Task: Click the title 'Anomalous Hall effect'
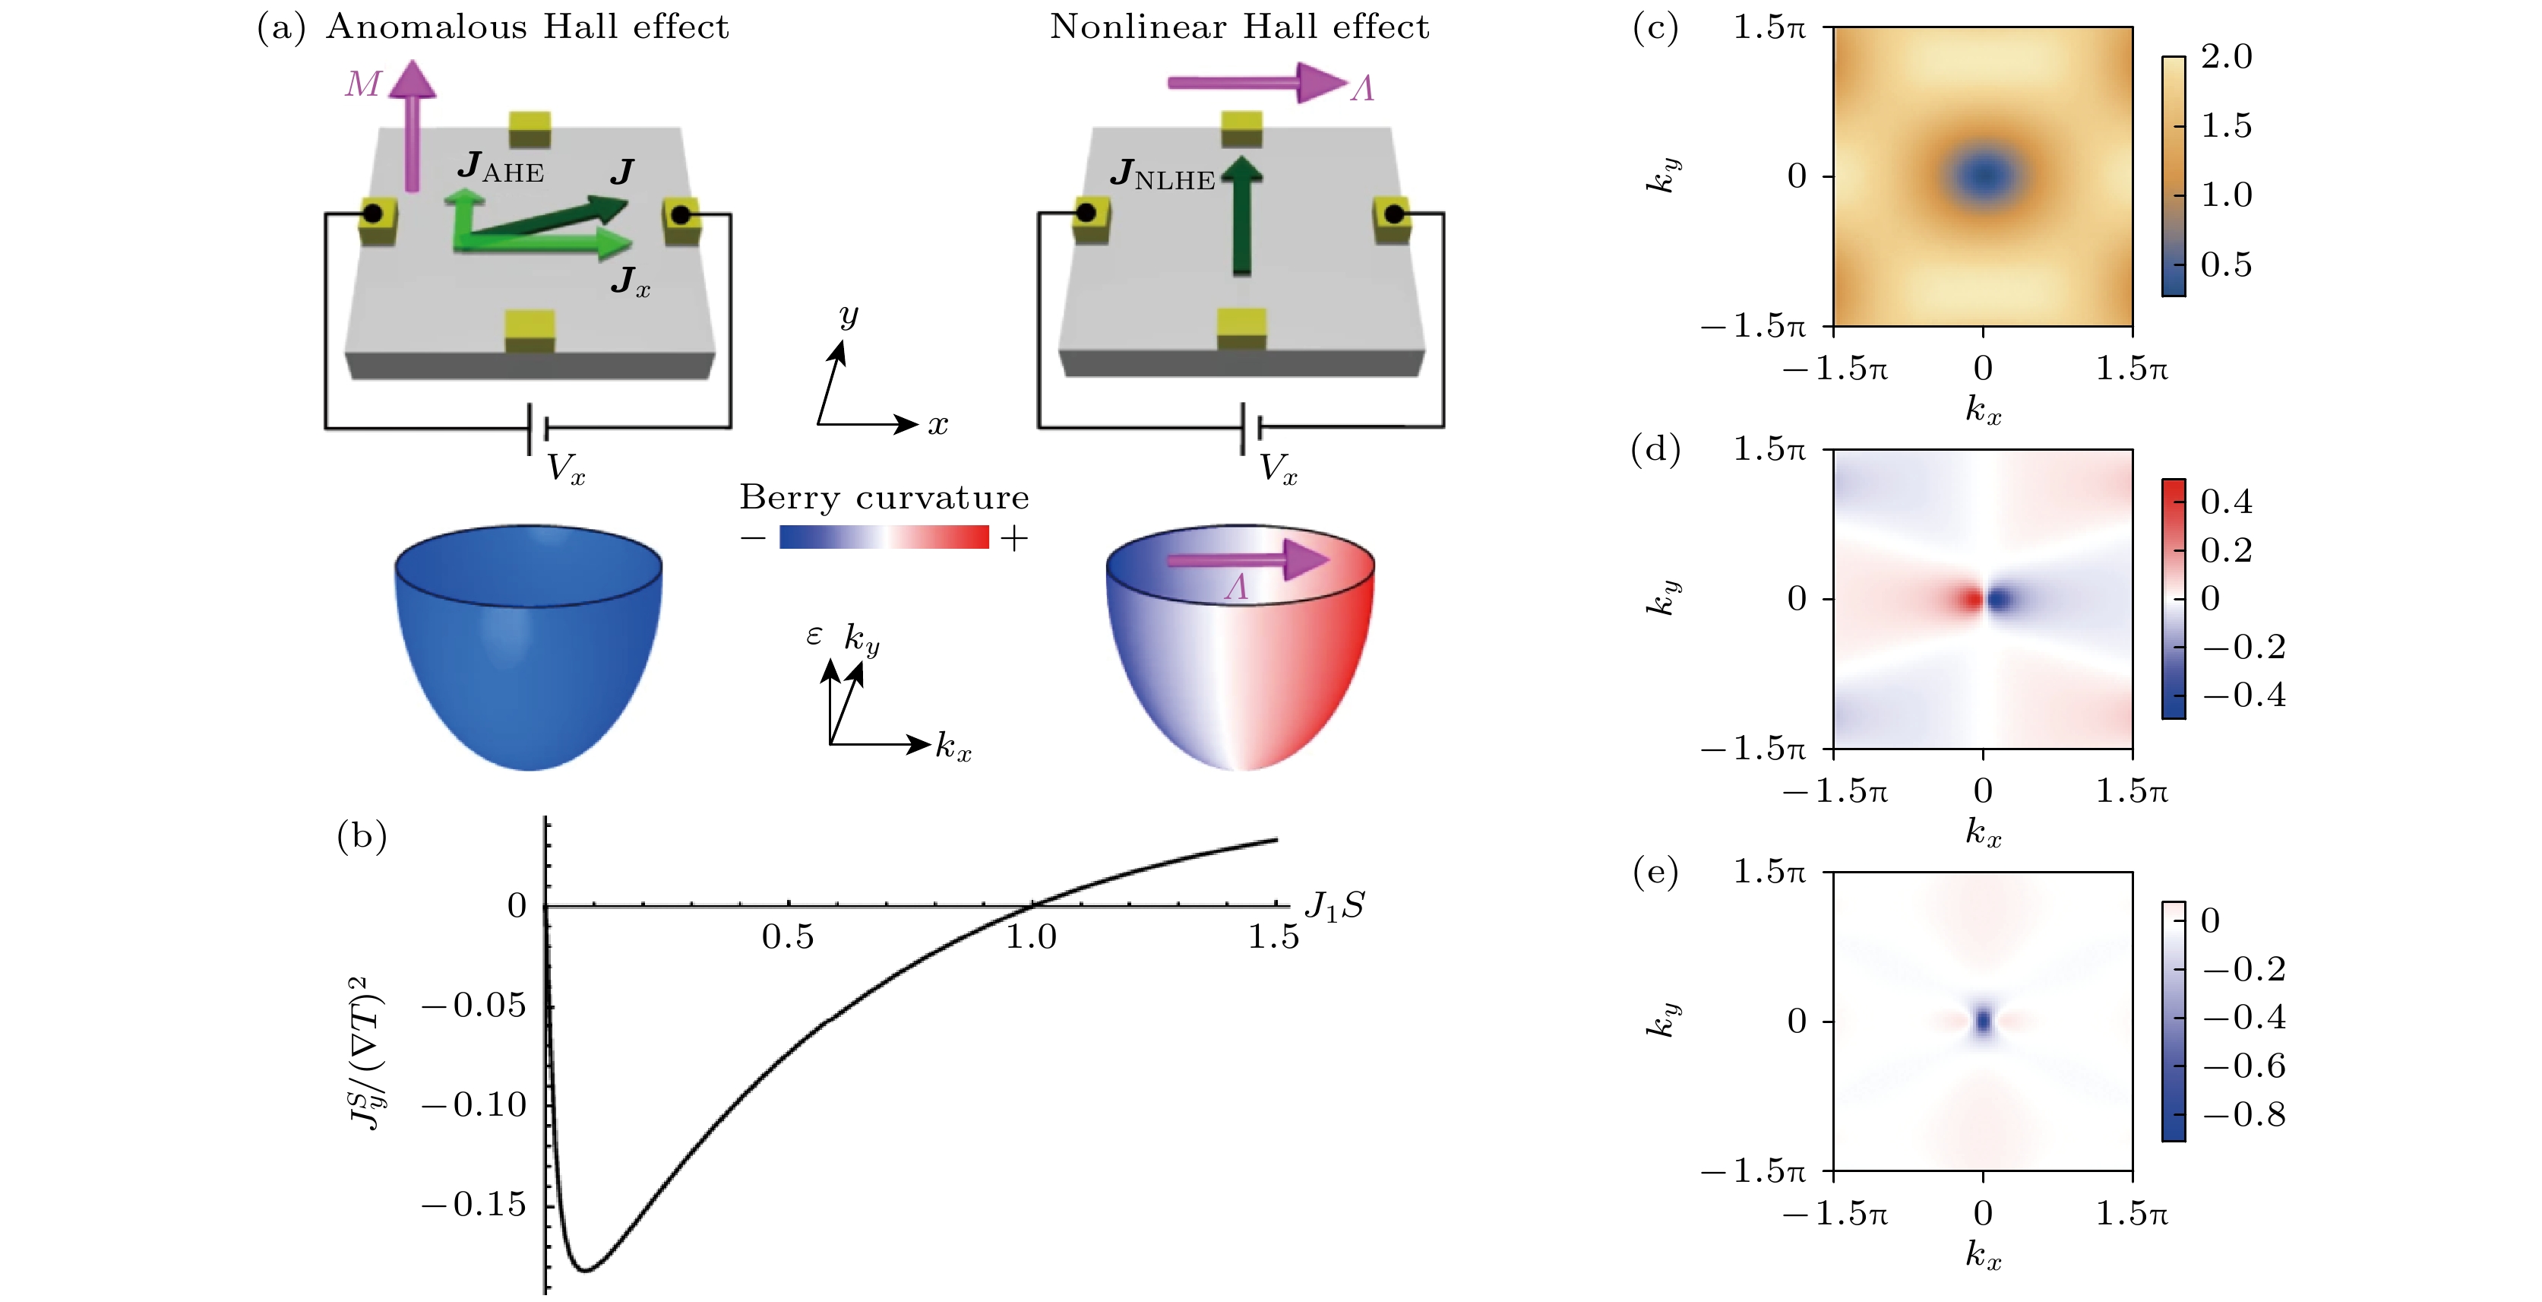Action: point(527,27)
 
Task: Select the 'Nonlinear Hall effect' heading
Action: point(1239,27)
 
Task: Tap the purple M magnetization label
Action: point(362,84)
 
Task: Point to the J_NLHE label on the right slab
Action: point(1162,174)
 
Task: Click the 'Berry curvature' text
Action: point(884,496)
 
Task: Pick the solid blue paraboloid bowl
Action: point(529,647)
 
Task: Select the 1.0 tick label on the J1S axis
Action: point(1031,936)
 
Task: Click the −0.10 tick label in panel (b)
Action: point(475,1104)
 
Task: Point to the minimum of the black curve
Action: point(585,1269)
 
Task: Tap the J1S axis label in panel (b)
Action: point(1334,905)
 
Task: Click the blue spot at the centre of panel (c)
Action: point(1984,176)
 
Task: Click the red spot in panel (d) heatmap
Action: point(1971,598)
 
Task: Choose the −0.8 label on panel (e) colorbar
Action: point(2245,1114)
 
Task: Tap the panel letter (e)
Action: point(1655,872)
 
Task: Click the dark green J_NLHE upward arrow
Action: point(1242,214)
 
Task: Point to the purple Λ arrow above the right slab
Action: point(1257,83)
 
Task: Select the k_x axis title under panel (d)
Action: point(1984,832)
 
